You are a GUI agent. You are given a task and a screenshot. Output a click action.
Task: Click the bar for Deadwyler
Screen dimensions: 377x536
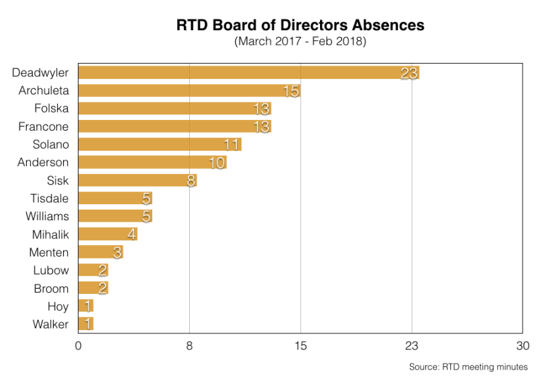coord(248,72)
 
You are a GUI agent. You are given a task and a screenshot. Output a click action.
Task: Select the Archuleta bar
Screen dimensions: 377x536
coord(189,90)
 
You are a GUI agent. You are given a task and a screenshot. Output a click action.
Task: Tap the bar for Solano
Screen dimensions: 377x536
coord(160,144)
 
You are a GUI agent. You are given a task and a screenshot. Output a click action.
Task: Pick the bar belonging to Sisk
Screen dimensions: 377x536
coord(137,180)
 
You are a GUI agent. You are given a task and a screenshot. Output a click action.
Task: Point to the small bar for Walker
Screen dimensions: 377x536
coord(86,324)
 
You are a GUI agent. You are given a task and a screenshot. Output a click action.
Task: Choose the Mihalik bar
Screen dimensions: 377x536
coord(107,234)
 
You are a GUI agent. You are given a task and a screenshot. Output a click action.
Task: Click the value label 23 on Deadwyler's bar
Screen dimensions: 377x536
coord(409,73)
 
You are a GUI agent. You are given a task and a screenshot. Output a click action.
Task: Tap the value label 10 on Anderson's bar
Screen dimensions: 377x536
coord(217,163)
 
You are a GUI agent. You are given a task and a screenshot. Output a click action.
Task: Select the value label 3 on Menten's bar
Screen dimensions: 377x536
coord(117,252)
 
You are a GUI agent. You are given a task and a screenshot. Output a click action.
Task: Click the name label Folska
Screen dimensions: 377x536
coord(51,108)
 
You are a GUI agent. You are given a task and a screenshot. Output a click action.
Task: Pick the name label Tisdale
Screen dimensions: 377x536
coord(49,198)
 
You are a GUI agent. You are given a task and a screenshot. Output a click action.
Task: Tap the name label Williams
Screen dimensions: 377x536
coord(47,216)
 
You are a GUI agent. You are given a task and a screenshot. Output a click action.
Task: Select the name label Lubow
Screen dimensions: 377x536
coord(51,271)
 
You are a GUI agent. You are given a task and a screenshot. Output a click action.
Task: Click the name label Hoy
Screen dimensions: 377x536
coord(58,306)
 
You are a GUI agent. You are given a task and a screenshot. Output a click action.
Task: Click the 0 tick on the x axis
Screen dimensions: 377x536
coord(78,346)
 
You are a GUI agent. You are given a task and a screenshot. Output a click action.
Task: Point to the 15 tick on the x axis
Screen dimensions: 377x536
coord(301,346)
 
